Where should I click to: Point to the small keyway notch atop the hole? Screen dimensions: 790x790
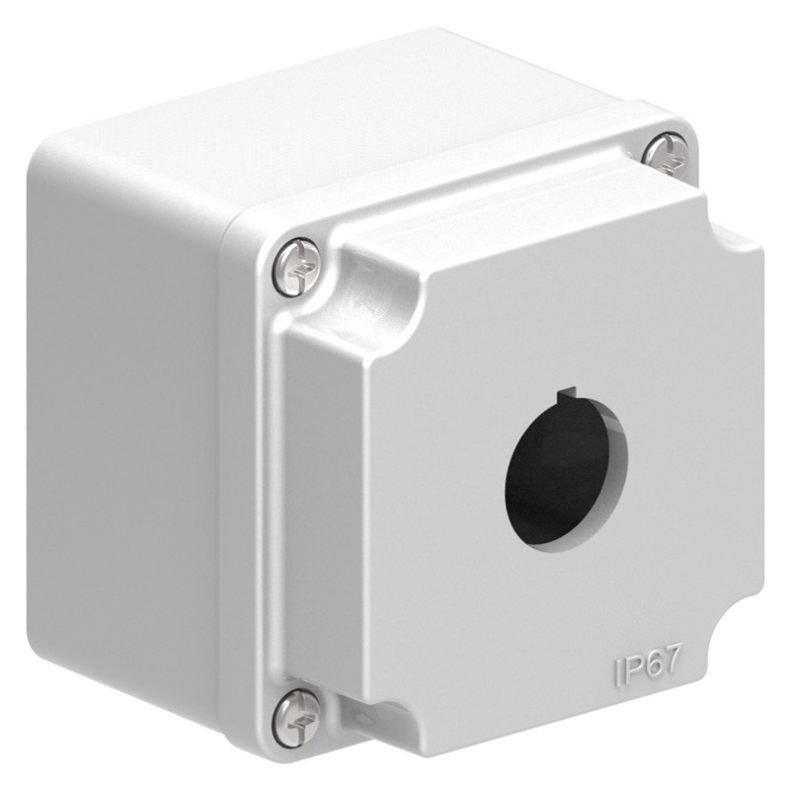coord(565,398)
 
